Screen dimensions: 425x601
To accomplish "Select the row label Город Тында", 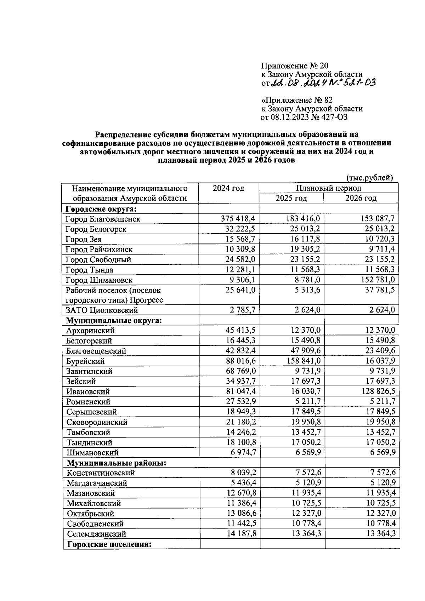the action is (90, 270).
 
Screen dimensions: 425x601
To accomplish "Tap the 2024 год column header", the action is (228, 188).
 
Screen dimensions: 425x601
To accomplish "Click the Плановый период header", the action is (328, 188).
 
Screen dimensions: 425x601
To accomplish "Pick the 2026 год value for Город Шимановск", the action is (378, 280).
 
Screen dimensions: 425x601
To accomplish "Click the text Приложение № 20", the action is (295, 66).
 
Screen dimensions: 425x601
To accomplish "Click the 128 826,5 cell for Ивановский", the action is (378, 391).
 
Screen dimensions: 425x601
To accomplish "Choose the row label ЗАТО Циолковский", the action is (102, 310).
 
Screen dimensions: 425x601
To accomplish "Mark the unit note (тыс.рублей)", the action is (369, 178).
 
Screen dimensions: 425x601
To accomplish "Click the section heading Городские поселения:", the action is (109, 544).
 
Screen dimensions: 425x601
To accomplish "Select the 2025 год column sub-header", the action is (291, 198).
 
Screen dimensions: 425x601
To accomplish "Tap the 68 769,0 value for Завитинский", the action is (240, 371).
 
